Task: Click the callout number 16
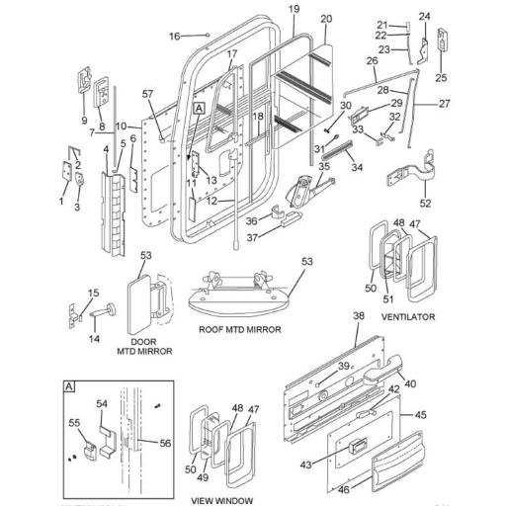[173, 36]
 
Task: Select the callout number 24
[425, 17]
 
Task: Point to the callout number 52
[427, 203]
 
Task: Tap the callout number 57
[147, 94]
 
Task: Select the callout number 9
[84, 122]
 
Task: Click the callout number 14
[96, 338]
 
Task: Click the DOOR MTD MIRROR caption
[145, 346]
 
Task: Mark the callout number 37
[252, 237]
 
